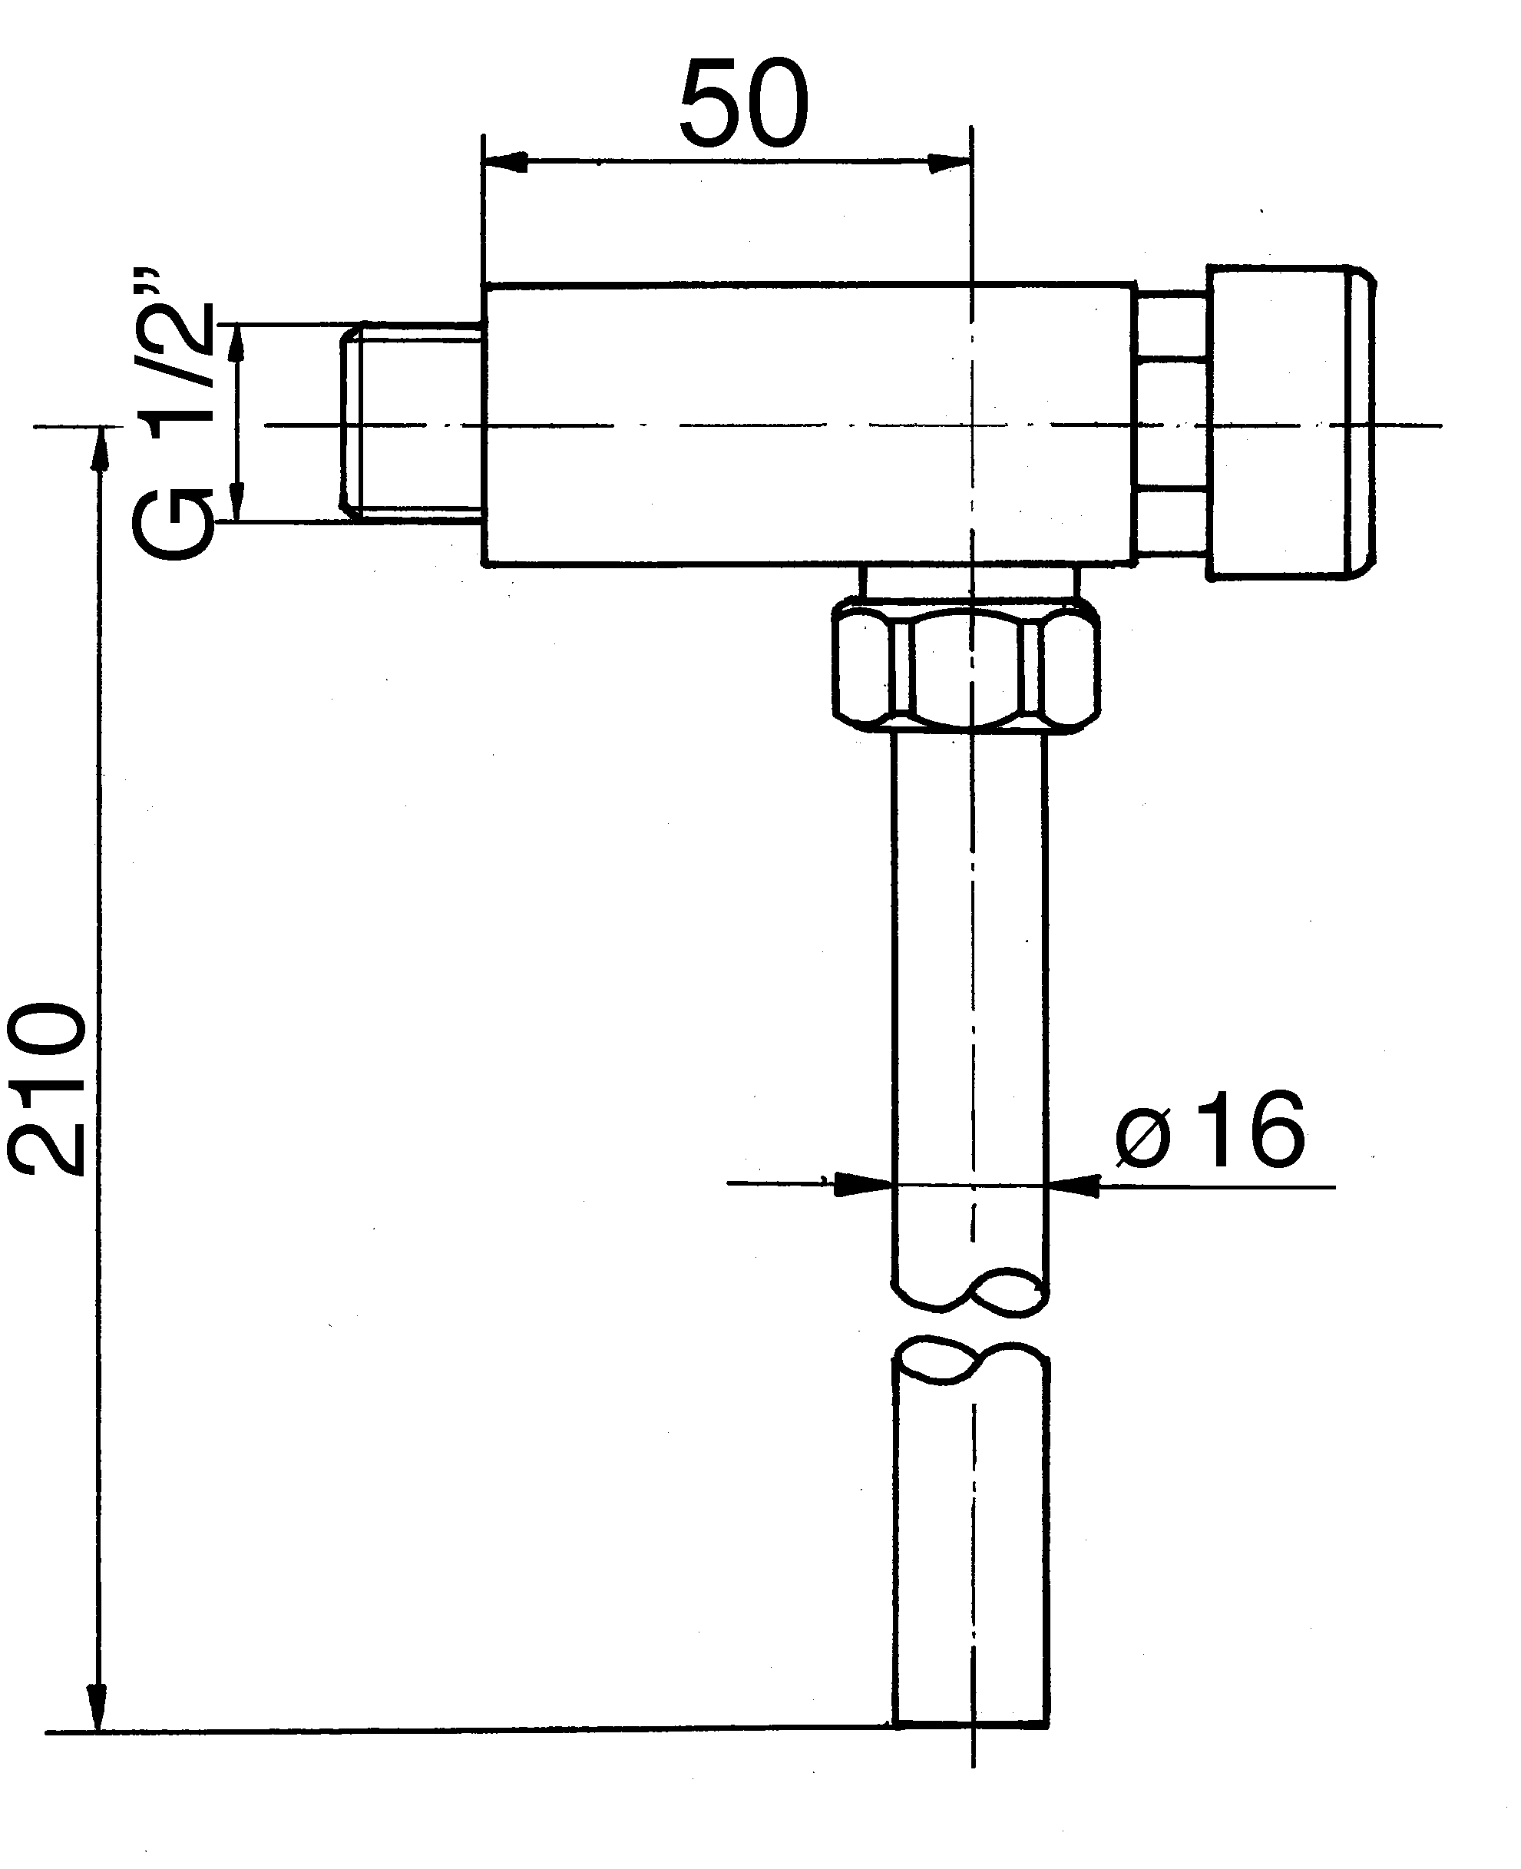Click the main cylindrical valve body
pyautogui.click(x=806, y=424)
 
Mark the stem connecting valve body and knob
pyautogui.click(x=1172, y=424)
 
